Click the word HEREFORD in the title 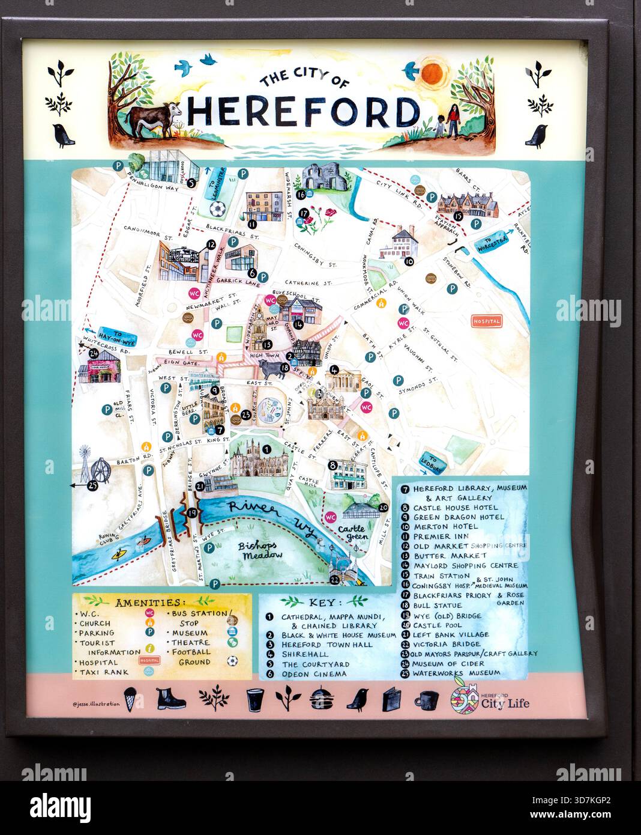click(303, 111)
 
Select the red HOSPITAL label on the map click(486, 321)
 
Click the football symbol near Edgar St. click(217, 208)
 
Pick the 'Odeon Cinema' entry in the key click(314, 674)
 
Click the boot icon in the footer click(170, 699)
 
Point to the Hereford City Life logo click(490, 699)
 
